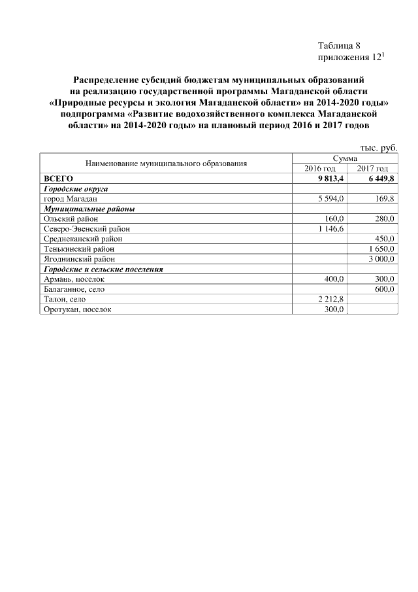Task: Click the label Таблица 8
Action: (339, 46)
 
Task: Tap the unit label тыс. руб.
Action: (379, 148)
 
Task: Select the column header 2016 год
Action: (320, 168)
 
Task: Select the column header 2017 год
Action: (372, 168)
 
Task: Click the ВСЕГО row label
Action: (58, 178)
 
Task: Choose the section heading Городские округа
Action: (75, 188)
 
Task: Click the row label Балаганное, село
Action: (74, 289)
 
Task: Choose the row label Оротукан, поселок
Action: (76, 309)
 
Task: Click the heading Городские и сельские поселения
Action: (103, 269)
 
